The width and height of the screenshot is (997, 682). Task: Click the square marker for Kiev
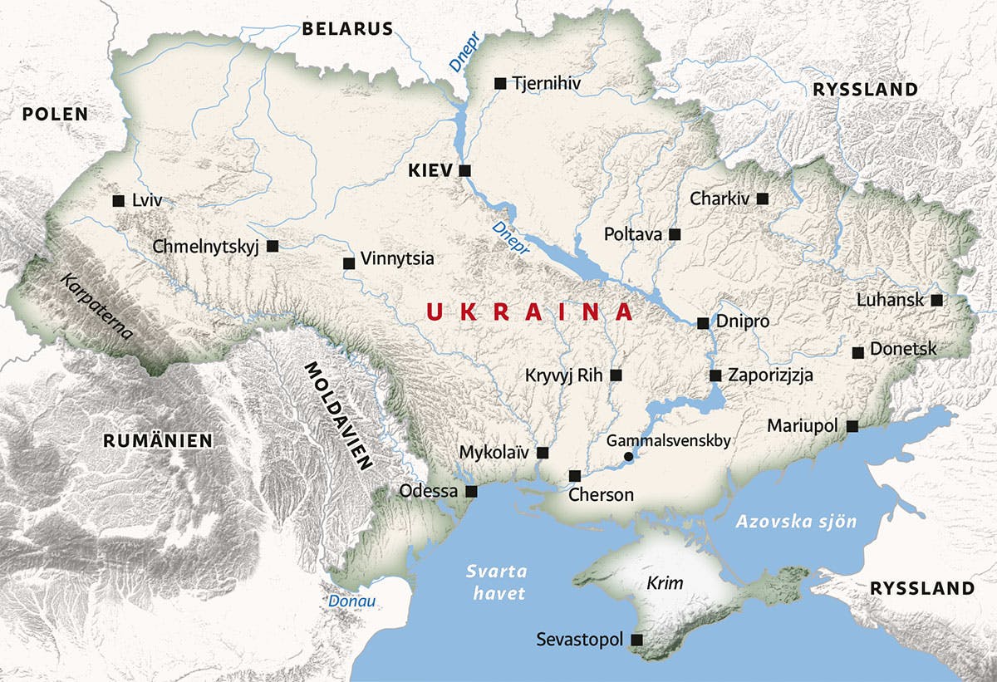tap(465, 170)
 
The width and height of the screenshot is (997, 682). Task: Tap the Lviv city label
tap(147, 200)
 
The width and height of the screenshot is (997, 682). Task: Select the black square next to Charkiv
tap(763, 199)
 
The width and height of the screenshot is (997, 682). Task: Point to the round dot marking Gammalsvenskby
tap(629, 456)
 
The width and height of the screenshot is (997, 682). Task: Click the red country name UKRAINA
tap(529, 312)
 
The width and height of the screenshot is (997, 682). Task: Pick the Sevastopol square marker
tap(637, 640)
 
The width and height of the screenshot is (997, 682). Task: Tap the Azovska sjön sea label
tap(796, 522)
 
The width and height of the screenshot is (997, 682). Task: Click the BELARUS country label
tap(346, 29)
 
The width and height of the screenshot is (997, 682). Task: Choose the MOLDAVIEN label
tap(336, 416)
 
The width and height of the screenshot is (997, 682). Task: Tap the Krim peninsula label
tap(665, 583)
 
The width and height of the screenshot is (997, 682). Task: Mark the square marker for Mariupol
tap(852, 426)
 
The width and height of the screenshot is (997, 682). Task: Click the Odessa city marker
tap(472, 492)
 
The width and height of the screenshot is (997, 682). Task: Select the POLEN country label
tap(55, 114)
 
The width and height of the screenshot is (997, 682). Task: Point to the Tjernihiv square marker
tap(500, 83)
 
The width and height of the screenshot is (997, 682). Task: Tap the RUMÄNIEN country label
tap(158, 440)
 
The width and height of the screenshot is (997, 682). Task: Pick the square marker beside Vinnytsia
tap(349, 263)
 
